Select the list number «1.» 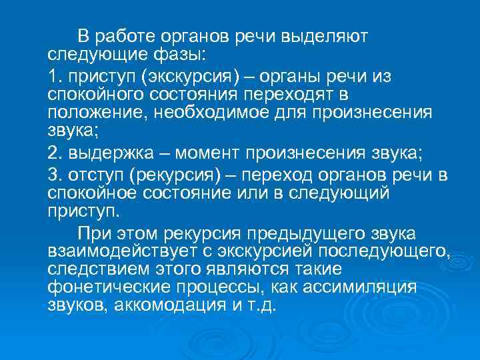56,76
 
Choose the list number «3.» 56,175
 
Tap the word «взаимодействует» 114,251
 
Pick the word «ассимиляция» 359,287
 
